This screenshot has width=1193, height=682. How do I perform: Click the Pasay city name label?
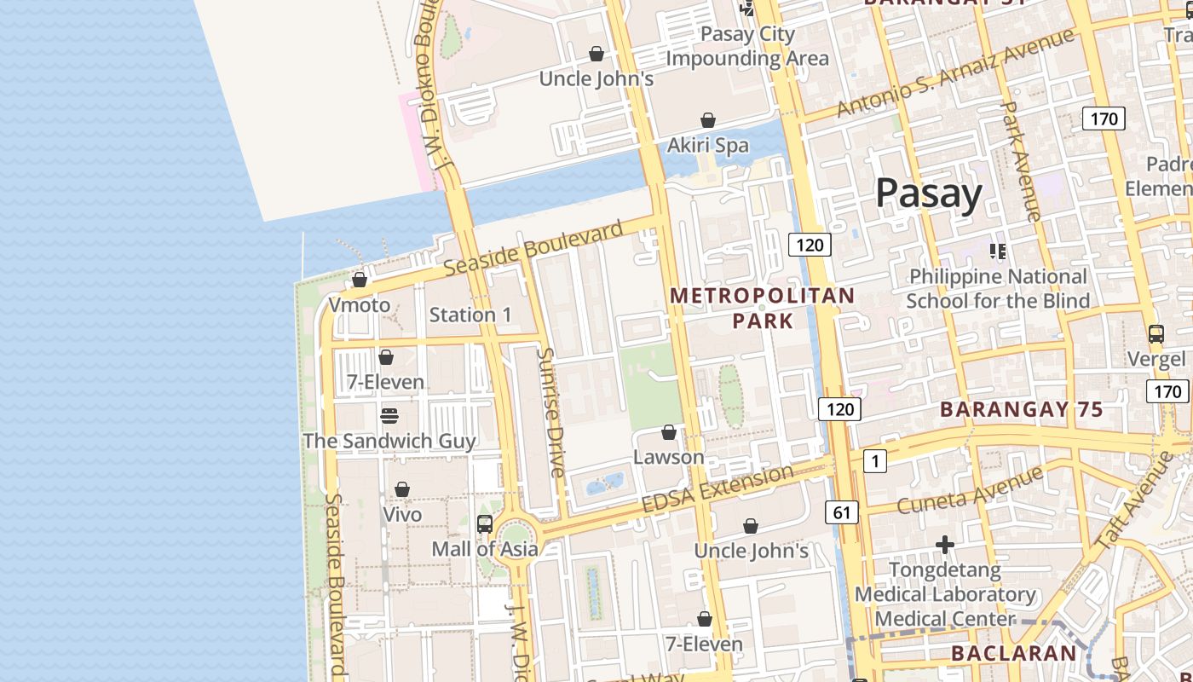pos(929,194)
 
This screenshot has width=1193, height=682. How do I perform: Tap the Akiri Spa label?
pos(707,145)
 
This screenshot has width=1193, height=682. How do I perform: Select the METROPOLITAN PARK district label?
pos(762,308)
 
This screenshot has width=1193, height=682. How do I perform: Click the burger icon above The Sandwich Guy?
pos(389,416)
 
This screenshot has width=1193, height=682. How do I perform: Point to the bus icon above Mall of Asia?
pos(485,524)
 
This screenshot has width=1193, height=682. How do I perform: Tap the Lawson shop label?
pos(668,457)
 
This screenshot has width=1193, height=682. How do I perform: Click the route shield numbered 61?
pos(842,512)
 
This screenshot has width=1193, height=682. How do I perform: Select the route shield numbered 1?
pos(874,461)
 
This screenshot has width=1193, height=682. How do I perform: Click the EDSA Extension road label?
pos(718,489)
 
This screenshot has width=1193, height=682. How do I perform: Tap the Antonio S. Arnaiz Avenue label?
pos(954,72)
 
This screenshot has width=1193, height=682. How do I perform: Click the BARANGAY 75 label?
pos(1021,409)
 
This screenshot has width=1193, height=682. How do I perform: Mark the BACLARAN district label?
pos(1013,654)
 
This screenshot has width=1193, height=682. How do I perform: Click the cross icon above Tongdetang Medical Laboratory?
pos(944,544)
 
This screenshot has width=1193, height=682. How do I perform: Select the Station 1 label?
pos(470,315)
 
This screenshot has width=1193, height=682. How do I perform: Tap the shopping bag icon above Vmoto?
pos(360,280)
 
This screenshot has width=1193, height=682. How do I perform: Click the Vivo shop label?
pos(401,515)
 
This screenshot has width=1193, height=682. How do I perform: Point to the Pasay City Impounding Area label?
pos(747,46)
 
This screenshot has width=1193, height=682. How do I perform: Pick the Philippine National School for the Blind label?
pos(998,288)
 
